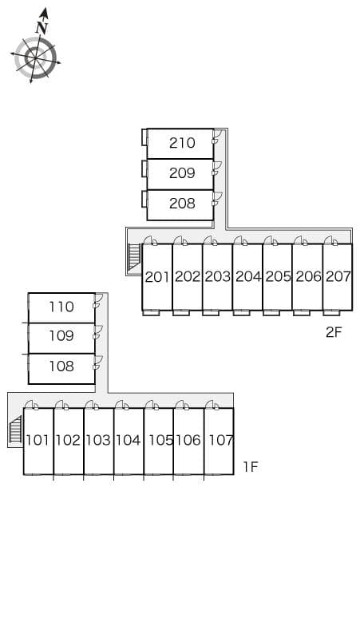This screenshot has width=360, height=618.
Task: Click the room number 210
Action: [x=182, y=143]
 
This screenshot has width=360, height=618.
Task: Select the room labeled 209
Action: [x=182, y=173]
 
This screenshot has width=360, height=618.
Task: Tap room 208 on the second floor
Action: [x=182, y=204]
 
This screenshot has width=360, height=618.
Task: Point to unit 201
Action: [x=157, y=277]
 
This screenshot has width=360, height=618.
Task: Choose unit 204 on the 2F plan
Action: [x=248, y=277]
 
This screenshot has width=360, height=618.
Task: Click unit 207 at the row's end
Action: [x=338, y=277]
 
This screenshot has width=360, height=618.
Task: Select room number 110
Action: [x=61, y=307]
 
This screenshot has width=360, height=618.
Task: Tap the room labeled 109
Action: [x=61, y=336]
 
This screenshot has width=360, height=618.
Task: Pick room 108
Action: [x=61, y=366]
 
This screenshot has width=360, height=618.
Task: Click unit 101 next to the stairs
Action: [x=38, y=440]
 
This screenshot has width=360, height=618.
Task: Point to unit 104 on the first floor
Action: [x=128, y=440]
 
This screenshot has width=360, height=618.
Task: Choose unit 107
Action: [x=220, y=440]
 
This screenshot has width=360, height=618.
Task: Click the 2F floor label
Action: [x=334, y=332]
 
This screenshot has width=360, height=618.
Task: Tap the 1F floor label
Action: [x=251, y=467]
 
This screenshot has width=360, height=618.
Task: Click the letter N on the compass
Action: [x=42, y=28]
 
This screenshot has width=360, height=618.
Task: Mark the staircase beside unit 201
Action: [x=134, y=257]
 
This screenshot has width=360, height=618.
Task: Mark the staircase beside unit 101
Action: [x=15, y=431]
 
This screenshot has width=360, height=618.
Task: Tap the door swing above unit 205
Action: [x=270, y=240]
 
